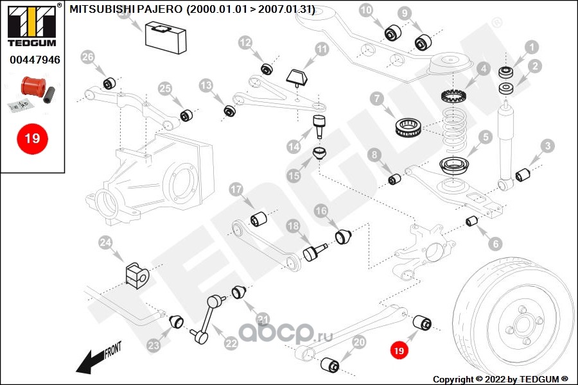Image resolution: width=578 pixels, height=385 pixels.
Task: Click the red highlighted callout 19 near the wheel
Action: (399, 350)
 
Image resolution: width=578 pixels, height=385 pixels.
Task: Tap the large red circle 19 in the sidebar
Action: (32, 138)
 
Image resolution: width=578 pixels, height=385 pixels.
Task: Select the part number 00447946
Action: (35, 60)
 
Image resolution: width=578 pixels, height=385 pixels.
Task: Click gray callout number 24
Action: (105, 243)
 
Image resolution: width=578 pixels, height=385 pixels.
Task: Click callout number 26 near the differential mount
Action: (89, 58)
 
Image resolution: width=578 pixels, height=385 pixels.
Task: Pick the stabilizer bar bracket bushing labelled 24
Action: (136, 274)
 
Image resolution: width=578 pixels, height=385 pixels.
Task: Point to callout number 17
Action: (236, 189)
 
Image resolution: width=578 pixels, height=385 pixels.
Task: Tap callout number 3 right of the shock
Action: (547, 146)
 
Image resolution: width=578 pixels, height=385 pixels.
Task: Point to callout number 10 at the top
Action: (365, 10)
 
